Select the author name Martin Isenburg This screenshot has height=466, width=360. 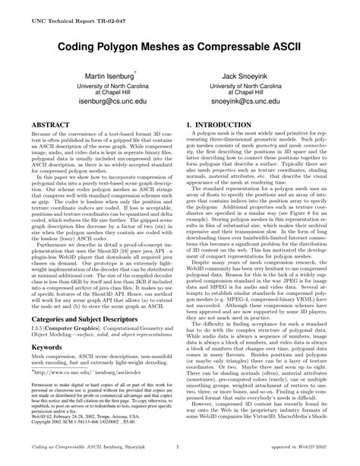pos(105,78)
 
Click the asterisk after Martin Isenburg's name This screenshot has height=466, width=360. pos(136,74)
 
